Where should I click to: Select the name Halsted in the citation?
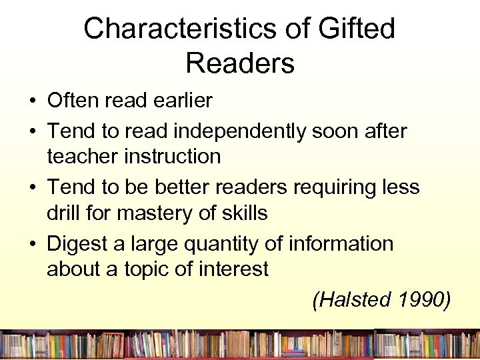pyautogui.click(x=351, y=300)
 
